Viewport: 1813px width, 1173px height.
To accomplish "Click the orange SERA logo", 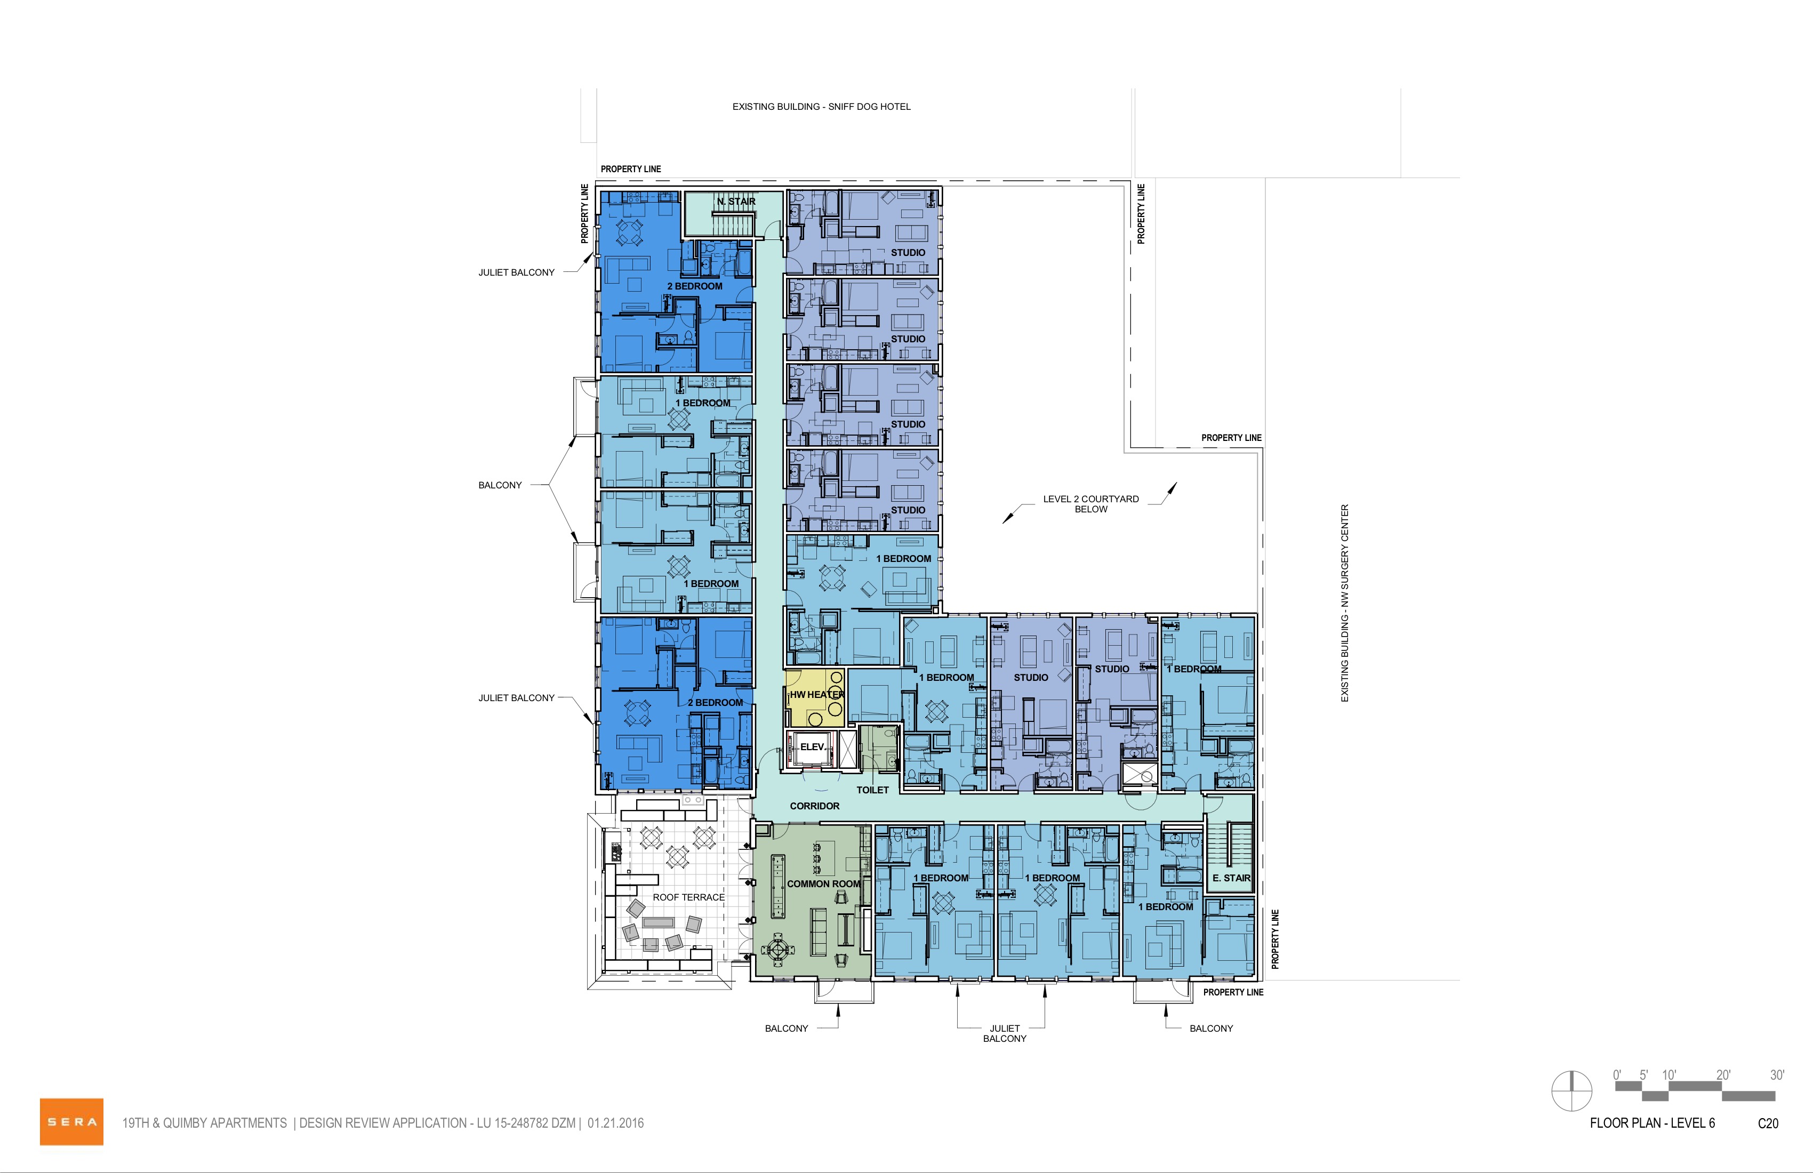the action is tap(71, 1121).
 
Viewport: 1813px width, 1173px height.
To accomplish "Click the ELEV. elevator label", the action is tap(813, 747).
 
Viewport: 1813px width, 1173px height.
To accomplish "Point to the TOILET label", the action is tap(872, 790).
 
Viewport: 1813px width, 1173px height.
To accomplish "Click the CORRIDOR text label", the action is tap(814, 806).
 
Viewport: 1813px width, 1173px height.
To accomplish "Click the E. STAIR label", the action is tap(1231, 878).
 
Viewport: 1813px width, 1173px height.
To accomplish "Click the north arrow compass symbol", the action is tap(1571, 1091).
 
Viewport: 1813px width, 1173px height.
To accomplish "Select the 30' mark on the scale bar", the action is tap(1776, 1075).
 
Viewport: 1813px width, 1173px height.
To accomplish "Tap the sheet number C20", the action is tap(1768, 1123).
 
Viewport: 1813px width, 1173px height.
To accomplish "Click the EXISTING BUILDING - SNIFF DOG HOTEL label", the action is tap(821, 107).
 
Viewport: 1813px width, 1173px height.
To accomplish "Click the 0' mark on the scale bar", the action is tap(1616, 1075).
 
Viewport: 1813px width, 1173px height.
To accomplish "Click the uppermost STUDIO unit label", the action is tap(908, 252).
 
